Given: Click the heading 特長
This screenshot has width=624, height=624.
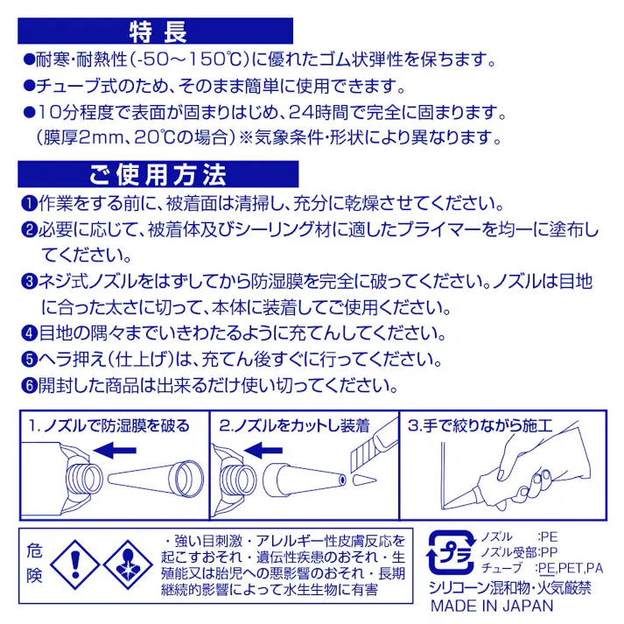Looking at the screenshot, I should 158,33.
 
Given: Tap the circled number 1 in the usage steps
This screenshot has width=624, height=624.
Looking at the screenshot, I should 27,204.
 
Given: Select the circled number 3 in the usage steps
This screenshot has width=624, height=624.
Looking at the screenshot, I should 27,283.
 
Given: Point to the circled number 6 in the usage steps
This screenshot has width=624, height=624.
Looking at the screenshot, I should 27,386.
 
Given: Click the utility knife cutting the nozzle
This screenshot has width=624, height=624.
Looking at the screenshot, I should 367,447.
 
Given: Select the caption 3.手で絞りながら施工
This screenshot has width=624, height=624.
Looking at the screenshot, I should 480,425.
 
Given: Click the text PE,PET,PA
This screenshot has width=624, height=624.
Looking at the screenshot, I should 570,568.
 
